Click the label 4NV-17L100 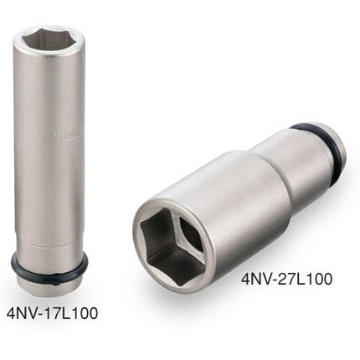pyautogui.click(x=53, y=312)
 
